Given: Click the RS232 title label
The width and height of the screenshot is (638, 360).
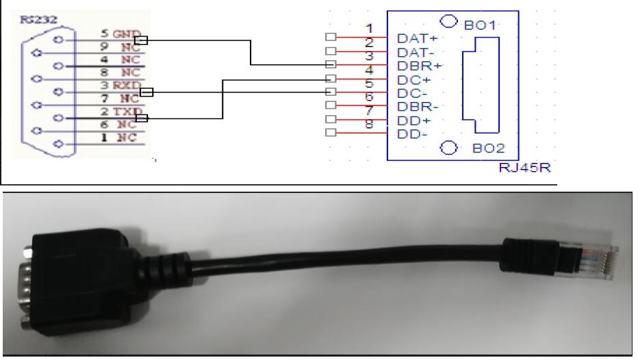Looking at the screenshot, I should pyautogui.click(x=32, y=21).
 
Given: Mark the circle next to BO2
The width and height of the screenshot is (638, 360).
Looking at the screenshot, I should pyautogui.click(x=448, y=147).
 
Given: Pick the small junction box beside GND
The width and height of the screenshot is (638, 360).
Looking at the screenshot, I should pyautogui.click(x=140, y=40).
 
